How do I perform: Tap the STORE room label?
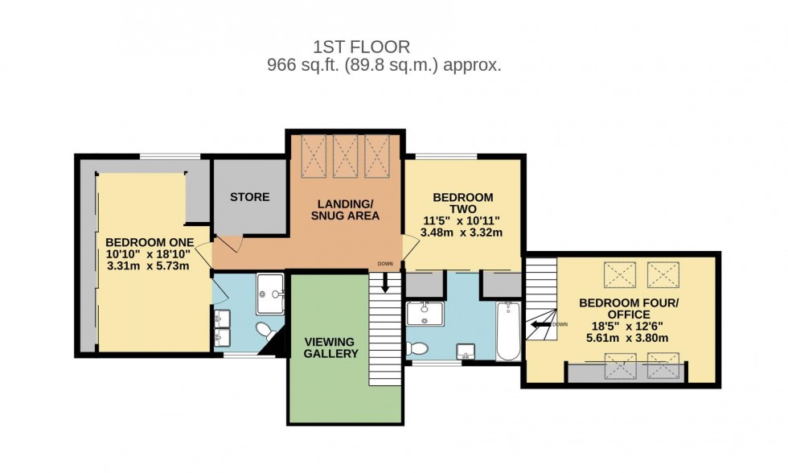click(250, 197)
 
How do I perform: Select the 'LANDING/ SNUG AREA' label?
click(345, 209)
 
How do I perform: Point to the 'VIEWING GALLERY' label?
click(330, 347)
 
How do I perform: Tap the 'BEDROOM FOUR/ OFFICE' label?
click(630, 309)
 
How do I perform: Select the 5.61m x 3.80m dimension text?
click(630, 338)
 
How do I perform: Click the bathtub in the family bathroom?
click(508, 331)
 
